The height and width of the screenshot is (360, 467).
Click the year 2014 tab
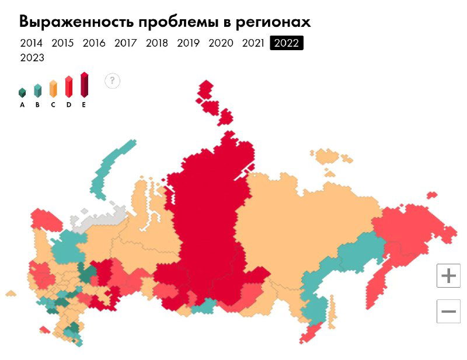[31, 43]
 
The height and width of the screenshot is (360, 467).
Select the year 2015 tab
[62, 43]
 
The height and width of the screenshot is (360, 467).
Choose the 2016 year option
[94, 43]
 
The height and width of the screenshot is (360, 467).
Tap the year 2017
[126, 43]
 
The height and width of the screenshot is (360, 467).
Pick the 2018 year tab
[157, 43]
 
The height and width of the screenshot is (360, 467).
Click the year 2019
[189, 43]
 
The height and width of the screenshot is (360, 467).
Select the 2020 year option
[221, 43]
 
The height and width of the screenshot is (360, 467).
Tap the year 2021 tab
[253, 43]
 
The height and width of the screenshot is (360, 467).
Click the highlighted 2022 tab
[287, 43]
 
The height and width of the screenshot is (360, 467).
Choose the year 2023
[32, 58]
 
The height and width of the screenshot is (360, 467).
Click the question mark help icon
[113, 81]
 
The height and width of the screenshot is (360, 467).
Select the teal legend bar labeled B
[37, 90]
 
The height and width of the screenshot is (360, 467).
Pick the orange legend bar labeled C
[53, 89]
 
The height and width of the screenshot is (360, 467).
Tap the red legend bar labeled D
[68, 87]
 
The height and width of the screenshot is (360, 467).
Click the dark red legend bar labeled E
[84, 85]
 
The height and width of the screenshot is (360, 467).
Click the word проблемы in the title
[185, 22]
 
